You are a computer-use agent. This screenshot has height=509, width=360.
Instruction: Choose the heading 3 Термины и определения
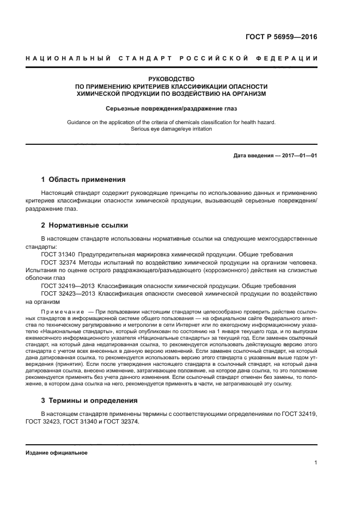click(x=89, y=400)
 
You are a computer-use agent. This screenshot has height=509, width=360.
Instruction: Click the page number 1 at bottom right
click(x=315, y=463)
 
